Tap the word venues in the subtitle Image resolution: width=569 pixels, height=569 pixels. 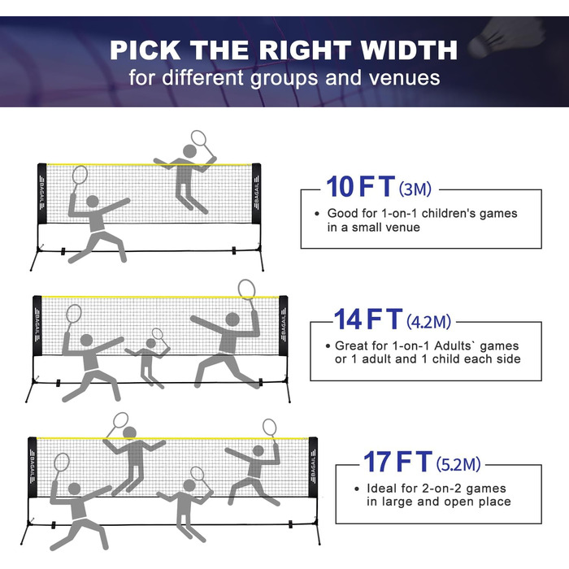[x=404, y=78]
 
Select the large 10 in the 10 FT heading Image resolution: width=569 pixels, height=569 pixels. [x=340, y=186]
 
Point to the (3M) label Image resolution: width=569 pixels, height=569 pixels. [x=415, y=189]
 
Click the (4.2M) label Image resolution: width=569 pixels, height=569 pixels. [x=428, y=322]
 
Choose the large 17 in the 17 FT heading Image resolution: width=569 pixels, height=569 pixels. [x=377, y=462]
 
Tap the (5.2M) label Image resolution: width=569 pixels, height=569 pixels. [x=458, y=464]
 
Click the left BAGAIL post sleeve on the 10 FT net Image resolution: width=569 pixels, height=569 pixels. [x=42, y=193]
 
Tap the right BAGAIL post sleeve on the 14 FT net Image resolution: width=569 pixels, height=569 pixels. [x=284, y=326]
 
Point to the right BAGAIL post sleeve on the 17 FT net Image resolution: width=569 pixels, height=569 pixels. [x=313, y=467]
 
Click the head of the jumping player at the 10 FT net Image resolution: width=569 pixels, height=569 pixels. [x=189, y=150]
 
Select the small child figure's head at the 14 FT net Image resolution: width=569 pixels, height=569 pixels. [x=151, y=343]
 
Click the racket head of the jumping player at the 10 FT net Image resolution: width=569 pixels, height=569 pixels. [x=198, y=138]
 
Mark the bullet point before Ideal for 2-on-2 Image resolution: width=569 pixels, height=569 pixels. [x=357, y=489]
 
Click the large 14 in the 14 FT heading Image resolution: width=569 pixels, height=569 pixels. [x=348, y=319]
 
